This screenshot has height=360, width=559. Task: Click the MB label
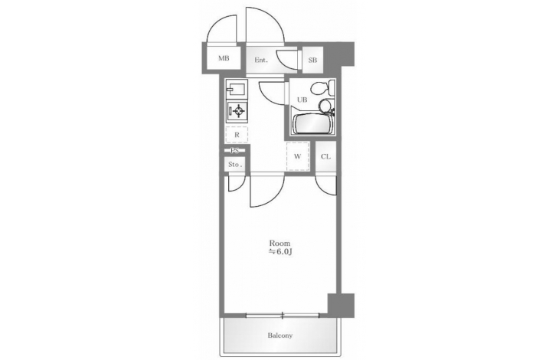[224, 58]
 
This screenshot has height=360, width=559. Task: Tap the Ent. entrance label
[261, 61]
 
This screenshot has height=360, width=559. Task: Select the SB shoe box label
[312, 61]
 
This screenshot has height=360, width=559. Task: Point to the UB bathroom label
[302, 100]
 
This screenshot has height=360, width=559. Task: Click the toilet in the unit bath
[323, 87]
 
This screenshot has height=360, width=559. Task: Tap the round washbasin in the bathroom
[325, 106]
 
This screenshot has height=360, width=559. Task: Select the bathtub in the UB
[312, 124]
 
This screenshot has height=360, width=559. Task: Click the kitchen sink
[237, 88]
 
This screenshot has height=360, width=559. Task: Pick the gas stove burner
[237, 111]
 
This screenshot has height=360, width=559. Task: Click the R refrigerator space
[237, 135]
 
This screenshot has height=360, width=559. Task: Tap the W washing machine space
[298, 156]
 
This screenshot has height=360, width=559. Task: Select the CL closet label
[325, 156]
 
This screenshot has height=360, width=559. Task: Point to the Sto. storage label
[235, 165]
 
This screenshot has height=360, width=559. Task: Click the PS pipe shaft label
[234, 151]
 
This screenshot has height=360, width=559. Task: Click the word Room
[279, 244]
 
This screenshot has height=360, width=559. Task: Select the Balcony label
[280, 335]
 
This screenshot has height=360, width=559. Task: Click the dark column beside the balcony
[341, 305]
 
